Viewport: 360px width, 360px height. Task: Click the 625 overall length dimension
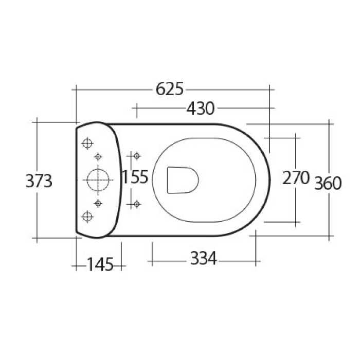169,89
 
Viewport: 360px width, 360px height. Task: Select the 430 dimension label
200,109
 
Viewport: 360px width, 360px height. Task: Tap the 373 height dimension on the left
39,181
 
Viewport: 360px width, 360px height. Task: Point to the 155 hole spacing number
135,177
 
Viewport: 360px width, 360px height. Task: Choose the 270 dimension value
296,178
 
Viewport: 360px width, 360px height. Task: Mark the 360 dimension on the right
328,183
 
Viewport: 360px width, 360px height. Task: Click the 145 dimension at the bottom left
99,265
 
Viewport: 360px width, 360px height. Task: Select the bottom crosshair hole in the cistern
87,217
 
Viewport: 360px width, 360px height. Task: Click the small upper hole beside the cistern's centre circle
98,156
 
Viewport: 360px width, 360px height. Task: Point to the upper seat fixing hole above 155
136,155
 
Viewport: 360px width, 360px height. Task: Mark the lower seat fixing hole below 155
136,204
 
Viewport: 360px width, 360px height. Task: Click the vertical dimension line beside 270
296,154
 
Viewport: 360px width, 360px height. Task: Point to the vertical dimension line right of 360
330,154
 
